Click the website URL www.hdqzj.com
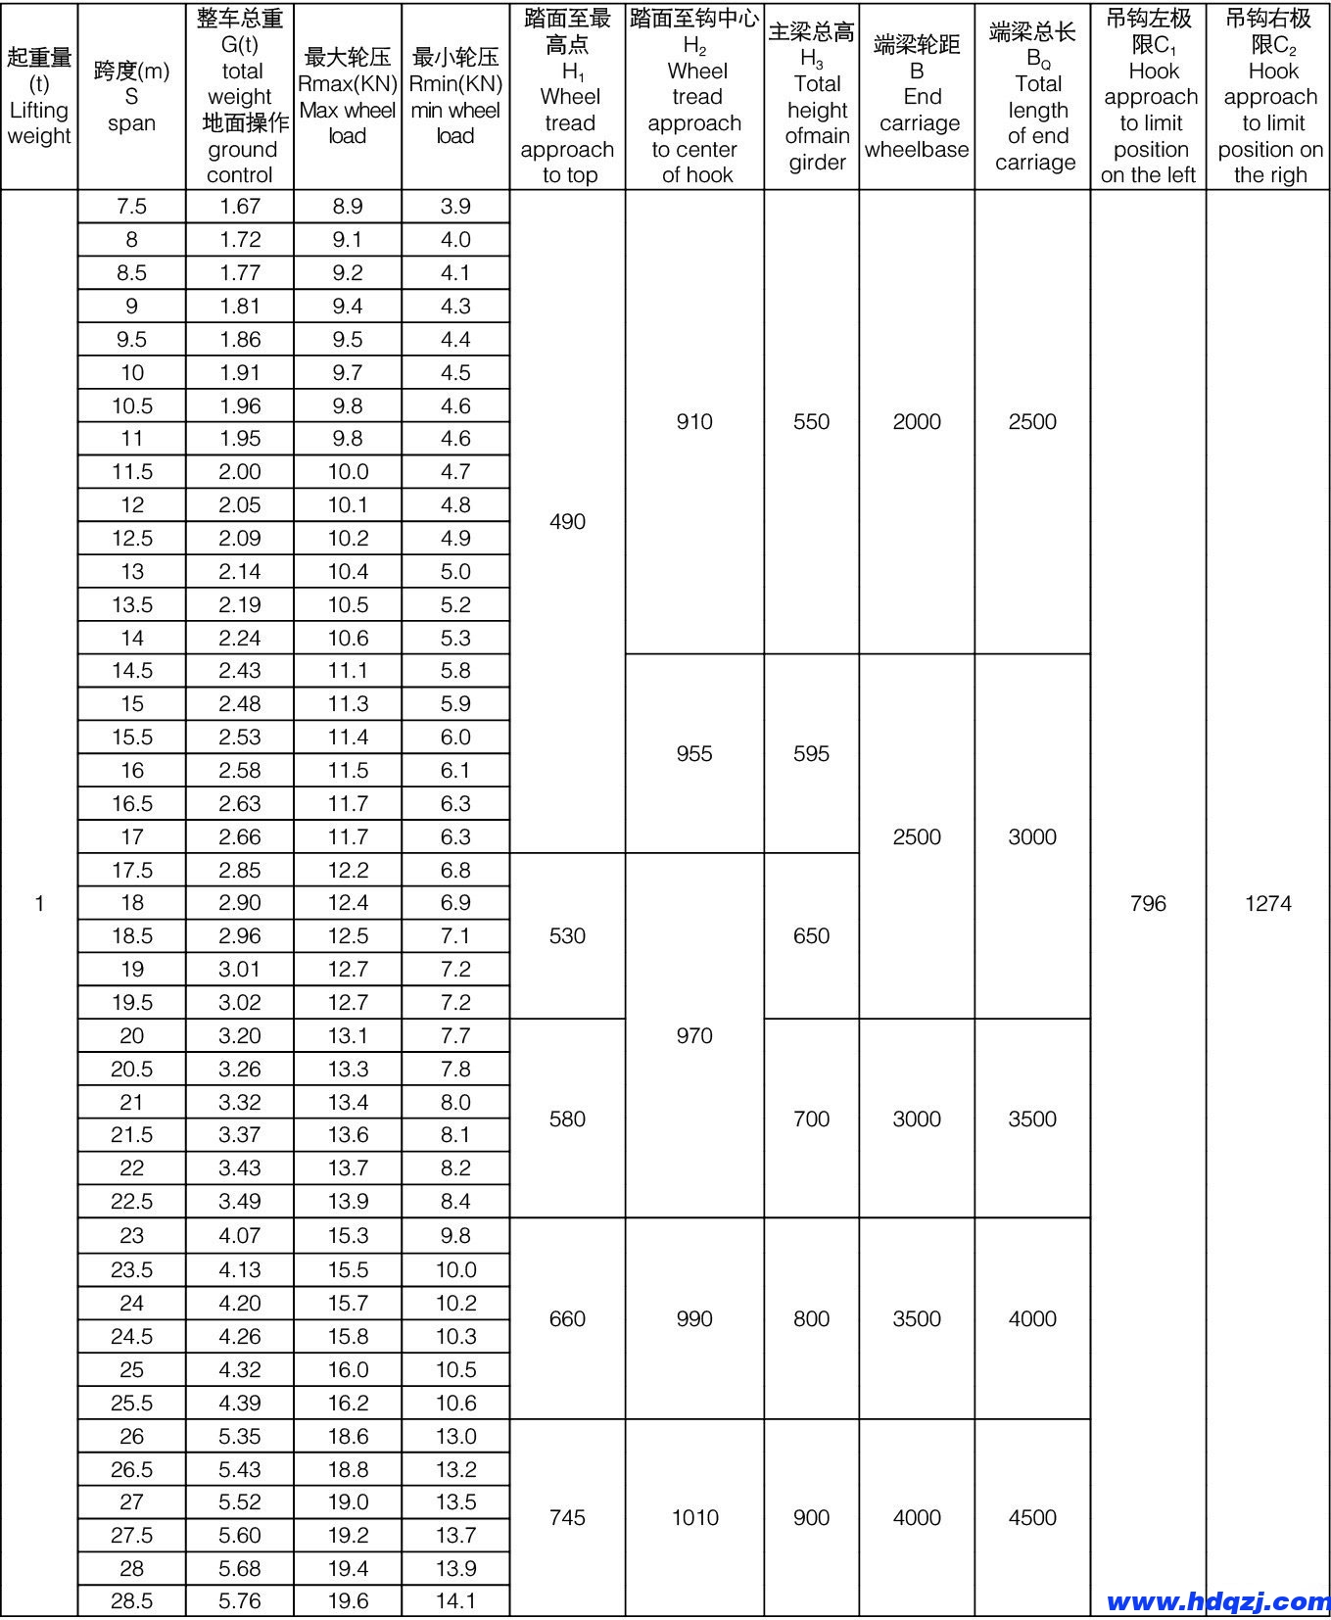(1217, 1601)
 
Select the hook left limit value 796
(1148, 903)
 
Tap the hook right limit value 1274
(1268, 903)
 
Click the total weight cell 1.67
(240, 206)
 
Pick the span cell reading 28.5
(132, 1601)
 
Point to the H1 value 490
(567, 521)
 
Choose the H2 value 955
(694, 753)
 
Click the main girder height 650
(811, 935)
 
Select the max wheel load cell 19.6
(348, 1601)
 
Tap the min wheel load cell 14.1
(455, 1601)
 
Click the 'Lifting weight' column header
(39, 96)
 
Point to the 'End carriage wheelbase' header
(917, 96)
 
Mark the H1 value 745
(567, 1517)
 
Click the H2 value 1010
(694, 1517)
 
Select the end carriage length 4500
(1032, 1517)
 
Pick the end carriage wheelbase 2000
(917, 421)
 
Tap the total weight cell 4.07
(240, 1236)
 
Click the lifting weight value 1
(39, 903)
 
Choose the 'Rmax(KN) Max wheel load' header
(348, 96)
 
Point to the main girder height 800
(811, 1318)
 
